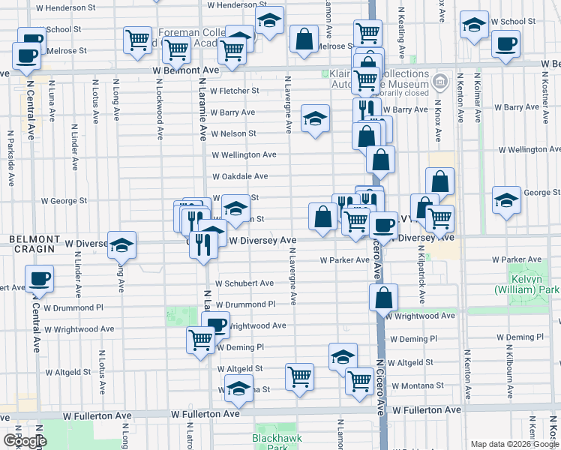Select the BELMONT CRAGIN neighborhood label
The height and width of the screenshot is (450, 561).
(x=29, y=238)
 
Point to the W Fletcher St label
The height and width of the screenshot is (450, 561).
(x=235, y=91)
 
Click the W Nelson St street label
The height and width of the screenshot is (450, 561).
(x=233, y=133)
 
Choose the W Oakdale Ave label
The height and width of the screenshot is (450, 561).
(x=240, y=176)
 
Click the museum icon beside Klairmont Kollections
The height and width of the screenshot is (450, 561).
(x=440, y=80)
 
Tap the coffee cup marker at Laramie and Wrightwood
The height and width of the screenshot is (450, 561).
(x=216, y=325)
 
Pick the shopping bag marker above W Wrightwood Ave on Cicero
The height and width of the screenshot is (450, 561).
(x=383, y=298)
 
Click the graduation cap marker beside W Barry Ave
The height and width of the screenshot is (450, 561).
(x=316, y=118)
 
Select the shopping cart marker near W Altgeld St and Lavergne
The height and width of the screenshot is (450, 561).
(x=299, y=376)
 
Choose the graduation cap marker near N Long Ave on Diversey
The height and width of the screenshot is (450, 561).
(x=121, y=245)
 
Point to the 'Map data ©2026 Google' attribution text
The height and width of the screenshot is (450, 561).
(x=514, y=444)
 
